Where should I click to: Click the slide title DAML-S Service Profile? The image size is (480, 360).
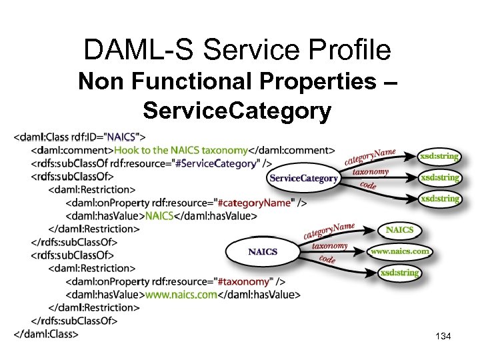coord(237,50)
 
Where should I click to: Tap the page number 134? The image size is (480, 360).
coord(442,337)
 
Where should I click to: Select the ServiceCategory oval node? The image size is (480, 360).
coord(303,179)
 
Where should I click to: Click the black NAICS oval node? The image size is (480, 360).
coord(262,252)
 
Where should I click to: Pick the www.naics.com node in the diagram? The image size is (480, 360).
coord(400,251)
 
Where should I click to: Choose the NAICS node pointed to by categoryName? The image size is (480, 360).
coord(399,230)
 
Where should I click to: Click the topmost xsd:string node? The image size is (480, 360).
coord(439,157)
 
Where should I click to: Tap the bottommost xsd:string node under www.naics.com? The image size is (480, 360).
coord(399,273)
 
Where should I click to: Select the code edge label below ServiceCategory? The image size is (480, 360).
coord(368,185)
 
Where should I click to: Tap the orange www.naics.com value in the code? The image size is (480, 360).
coord(181,294)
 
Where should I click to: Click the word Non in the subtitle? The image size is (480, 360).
coord(99,83)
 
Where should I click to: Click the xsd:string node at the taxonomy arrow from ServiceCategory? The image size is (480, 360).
coord(439,177)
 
